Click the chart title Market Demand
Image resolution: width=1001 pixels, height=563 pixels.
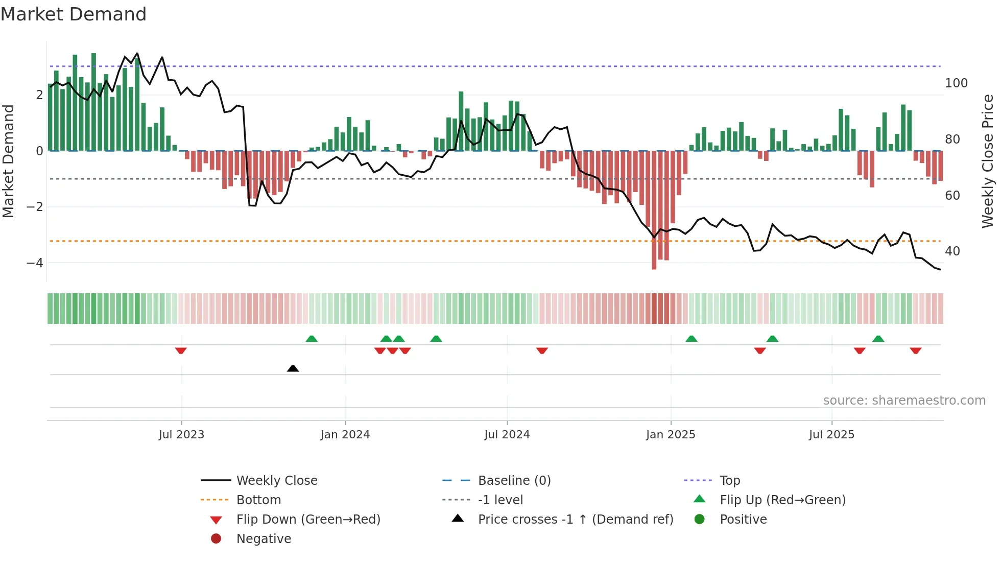74,14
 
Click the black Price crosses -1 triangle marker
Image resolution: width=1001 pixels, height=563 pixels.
293,368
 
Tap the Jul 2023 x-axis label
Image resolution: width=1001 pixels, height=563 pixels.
181,435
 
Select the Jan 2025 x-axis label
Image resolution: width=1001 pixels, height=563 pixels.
671,435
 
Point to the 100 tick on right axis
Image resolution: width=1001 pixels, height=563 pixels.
956,83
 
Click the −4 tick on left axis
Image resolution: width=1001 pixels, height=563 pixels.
35,263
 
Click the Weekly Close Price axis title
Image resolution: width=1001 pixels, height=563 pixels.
988,161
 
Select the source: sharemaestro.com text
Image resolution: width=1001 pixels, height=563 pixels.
904,401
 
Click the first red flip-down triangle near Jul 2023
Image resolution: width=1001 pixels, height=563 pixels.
181,350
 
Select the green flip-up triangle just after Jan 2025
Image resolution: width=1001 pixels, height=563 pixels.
691,339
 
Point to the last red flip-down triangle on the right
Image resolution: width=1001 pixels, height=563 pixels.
915,350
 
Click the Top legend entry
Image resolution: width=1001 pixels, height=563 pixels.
730,481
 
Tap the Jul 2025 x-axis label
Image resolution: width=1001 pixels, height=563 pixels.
831,435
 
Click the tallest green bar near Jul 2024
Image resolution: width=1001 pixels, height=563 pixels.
461,122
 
